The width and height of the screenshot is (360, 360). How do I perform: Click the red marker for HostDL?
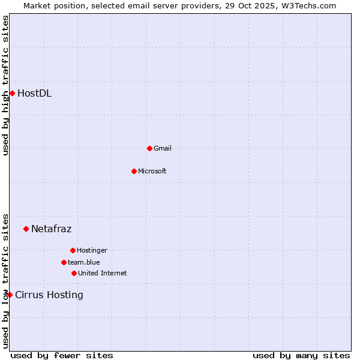12,93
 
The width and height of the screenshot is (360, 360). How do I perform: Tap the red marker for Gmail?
149,148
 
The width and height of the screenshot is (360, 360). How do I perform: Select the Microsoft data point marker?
134,171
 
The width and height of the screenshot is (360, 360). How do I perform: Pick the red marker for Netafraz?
26,229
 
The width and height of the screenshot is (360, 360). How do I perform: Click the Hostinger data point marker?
73,250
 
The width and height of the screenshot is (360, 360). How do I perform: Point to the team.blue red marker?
64,262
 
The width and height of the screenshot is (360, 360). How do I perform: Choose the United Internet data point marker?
74,273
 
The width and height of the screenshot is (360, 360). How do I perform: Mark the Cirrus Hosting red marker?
10,295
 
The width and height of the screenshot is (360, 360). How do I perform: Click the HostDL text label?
34,93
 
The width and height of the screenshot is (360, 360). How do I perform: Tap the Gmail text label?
162,148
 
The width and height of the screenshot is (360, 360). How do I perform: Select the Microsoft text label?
152,171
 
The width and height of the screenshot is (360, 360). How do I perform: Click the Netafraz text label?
51,229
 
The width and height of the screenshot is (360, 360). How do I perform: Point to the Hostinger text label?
92,250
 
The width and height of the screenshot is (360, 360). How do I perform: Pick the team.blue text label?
83,262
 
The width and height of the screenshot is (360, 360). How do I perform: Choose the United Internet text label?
102,273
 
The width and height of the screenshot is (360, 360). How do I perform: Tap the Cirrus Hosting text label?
49,295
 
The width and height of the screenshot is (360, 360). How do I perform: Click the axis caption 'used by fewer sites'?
62,355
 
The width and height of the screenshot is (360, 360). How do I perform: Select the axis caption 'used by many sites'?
301,355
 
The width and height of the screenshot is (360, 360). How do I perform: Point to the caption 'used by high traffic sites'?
6,85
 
